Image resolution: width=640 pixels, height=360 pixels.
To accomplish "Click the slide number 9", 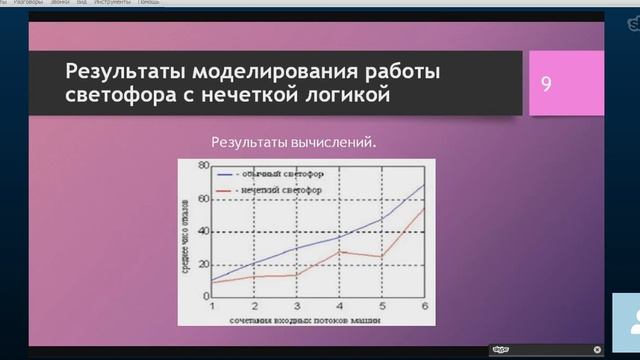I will click(547, 84).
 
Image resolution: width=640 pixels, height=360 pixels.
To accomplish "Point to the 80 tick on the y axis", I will click(203, 164).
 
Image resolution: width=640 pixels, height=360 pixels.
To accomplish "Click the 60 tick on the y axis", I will click(203, 198).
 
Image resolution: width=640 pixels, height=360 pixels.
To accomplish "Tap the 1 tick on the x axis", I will click(212, 305).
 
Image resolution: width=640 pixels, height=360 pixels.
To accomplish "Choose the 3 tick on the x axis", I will click(297, 305).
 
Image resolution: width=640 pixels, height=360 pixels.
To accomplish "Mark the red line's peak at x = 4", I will click(340, 251).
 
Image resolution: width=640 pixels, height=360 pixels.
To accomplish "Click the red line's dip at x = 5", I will click(382, 256).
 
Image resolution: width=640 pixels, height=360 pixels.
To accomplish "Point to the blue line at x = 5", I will click(382, 218).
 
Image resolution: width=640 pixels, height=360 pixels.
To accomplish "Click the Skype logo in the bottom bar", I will click(500, 349).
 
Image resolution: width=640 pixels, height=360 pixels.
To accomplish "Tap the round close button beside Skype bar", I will click(597, 349).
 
